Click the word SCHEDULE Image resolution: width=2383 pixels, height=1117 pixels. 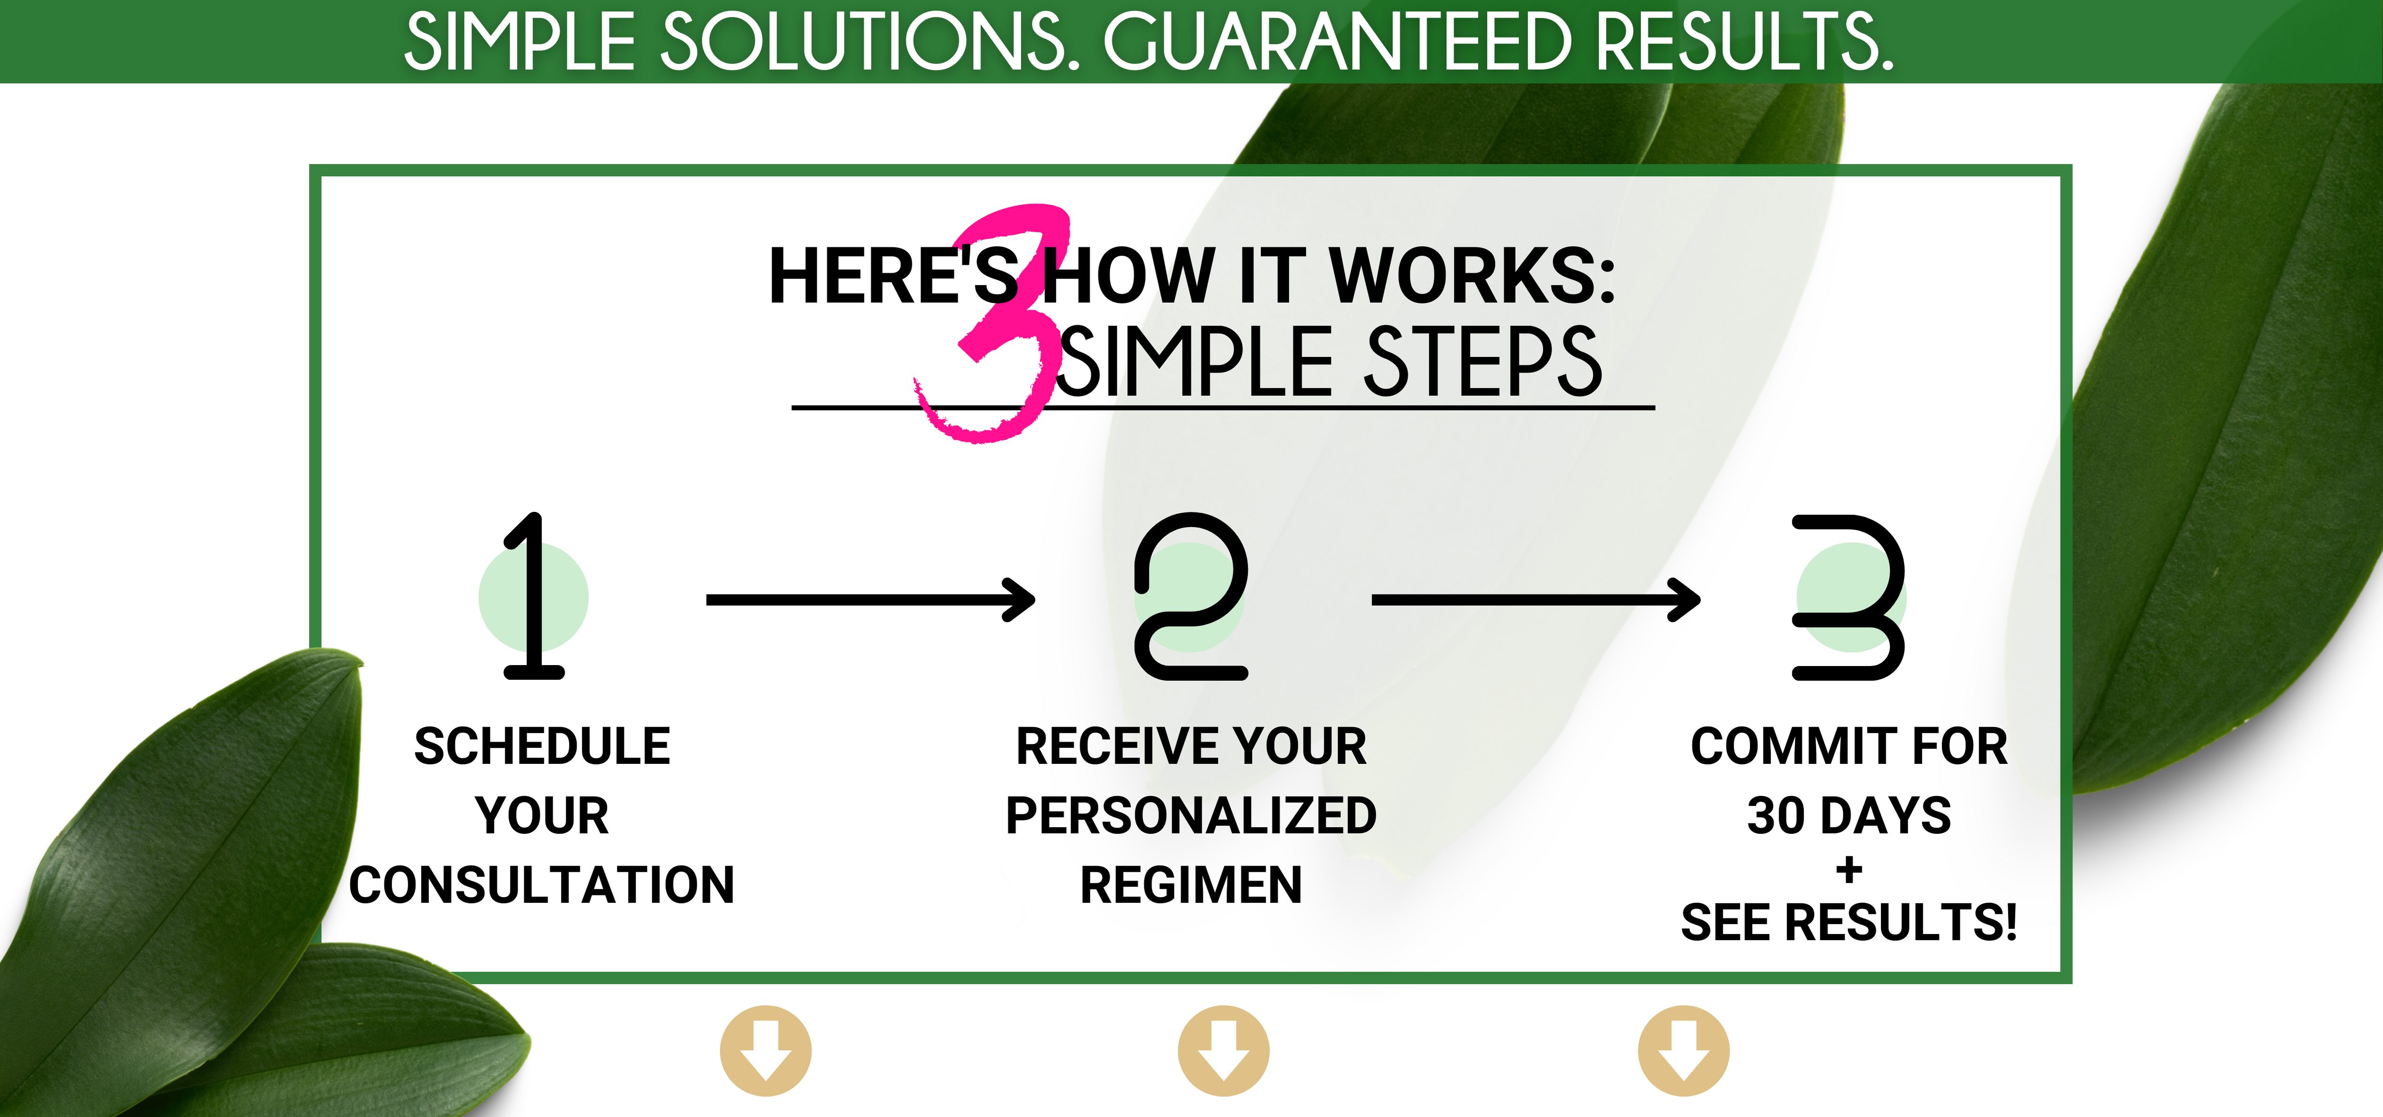[542, 746]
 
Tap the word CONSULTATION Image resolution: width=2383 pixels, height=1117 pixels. [542, 885]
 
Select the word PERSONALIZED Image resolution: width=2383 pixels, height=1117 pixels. [1191, 815]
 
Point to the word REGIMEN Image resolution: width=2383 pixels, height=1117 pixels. [1191, 885]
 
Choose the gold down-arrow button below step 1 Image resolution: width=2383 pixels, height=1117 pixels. [766, 1050]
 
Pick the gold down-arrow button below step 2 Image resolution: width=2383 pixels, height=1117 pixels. [1223, 1050]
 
